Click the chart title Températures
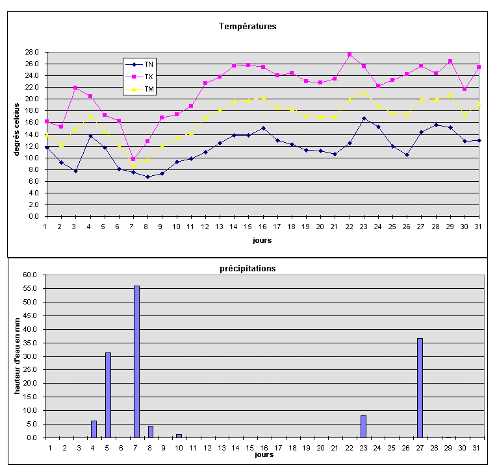[248, 27]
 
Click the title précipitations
[247, 268]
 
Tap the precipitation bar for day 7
[136, 362]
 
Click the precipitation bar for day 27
[420, 388]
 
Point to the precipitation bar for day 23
[363, 426]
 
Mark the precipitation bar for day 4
[94, 429]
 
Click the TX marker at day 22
[350, 55]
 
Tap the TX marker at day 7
[133, 159]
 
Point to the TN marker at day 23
[364, 119]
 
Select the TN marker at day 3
[75, 171]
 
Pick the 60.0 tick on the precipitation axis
[31, 275]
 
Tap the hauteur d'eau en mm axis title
[18, 355]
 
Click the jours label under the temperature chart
[262, 240]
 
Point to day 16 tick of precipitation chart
[264, 447]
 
